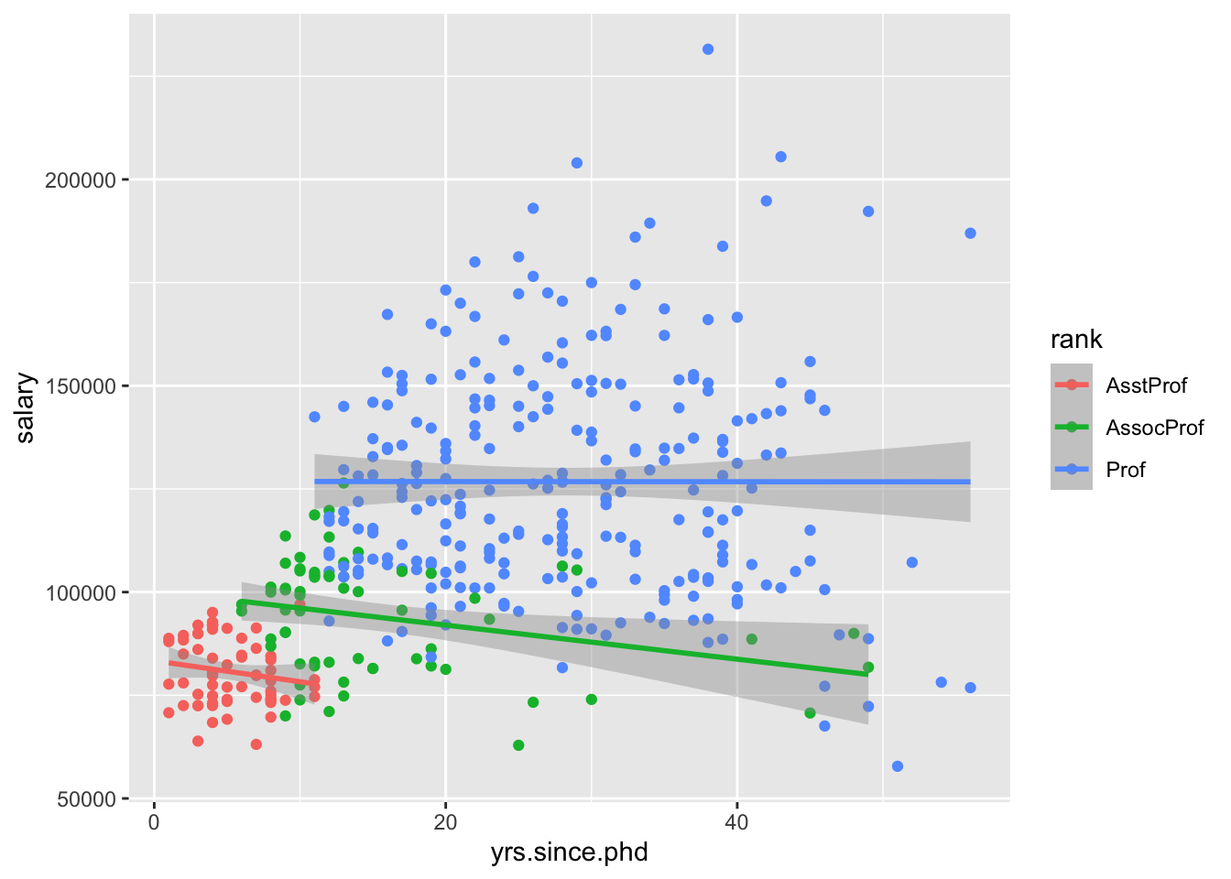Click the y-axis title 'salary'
click(x=26, y=407)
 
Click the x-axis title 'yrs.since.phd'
click(x=569, y=852)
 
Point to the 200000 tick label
click(x=81, y=180)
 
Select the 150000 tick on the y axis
click(x=81, y=386)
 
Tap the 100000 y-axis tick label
click(x=81, y=592)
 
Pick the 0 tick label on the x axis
click(x=154, y=822)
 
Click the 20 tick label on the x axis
click(x=445, y=822)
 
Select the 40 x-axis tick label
click(x=736, y=822)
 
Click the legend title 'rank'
click(x=1075, y=340)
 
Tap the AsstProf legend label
click(x=1146, y=385)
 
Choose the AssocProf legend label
click(x=1154, y=428)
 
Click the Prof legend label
click(x=1126, y=470)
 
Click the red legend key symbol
click(x=1072, y=385)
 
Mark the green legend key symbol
click(x=1072, y=428)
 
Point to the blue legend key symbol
click(x=1072, y=470)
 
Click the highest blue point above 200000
click(x=708, y=49)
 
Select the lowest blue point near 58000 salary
click(x=898, y=766)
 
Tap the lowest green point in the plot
click(x=518, y=745)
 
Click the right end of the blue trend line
click(x=970, y=482)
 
